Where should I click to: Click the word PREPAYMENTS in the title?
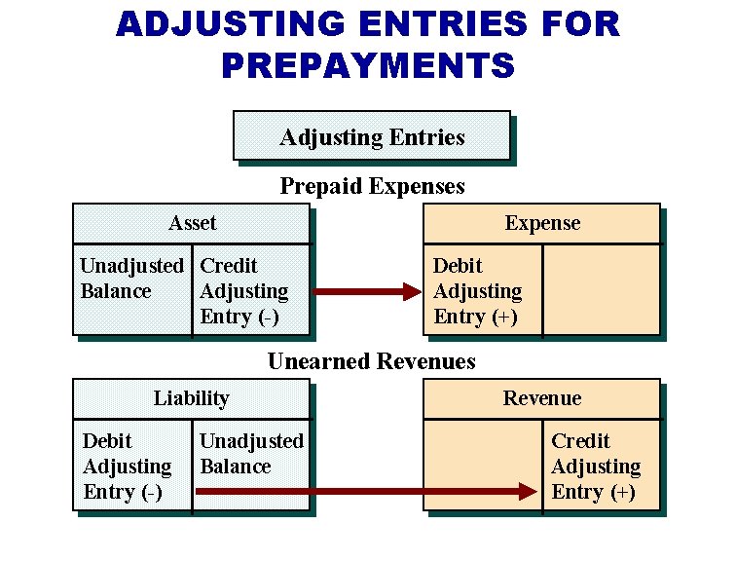point(367,65)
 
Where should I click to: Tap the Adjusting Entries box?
point(371,136)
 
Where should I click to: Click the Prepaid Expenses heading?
point(372,186)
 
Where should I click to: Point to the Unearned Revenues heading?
point(371,362)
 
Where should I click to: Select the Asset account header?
point(192,223)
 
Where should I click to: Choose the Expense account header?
point(541,223)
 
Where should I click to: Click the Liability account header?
point(192,398)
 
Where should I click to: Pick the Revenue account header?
point(541,398)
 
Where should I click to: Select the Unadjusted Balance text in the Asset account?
point(131,279)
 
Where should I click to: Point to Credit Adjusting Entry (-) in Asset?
point(243,291)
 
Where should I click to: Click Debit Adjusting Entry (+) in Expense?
point(477,291)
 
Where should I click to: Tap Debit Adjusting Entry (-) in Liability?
point(127,467)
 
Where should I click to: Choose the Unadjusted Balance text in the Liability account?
point(251,454)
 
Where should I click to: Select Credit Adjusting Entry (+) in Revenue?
point(596,467)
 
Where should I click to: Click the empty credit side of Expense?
point(600,290)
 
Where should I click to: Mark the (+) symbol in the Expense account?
point(503,318)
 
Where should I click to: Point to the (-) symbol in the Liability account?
point(151,493)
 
